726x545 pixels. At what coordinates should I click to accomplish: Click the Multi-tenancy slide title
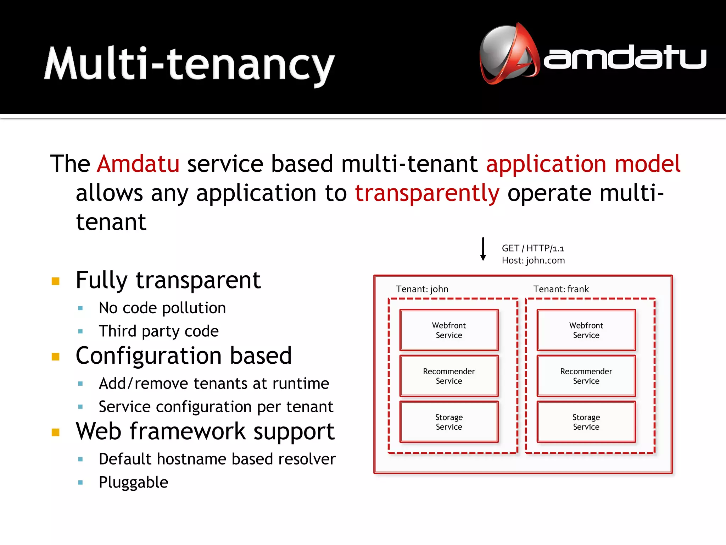pyautogui.click(x=189, y=64)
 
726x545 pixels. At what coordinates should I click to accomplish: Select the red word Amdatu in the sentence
pyautogui.click(x=138, y=164)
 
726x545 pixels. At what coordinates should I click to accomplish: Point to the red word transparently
pyautogui.click(x=427, y=193)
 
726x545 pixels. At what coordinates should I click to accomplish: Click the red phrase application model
pyautogui.click(x=583, y=164)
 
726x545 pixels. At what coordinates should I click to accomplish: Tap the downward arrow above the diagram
pyautogui.click(x=483, y=249)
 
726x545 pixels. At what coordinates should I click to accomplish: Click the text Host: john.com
pyautogui.click(x=533, y=260)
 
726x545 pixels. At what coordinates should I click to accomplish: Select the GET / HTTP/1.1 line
pyautogui.click(x=532, y=248)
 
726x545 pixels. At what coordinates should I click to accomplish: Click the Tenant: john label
pyautogui.click(x=422, y=289)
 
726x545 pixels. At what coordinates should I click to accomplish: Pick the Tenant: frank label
pyautogui.click(x=561, y=289)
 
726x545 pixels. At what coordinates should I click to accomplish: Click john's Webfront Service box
pyautogui.click(x=449, y=330)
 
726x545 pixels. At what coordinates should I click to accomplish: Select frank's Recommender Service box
pyautogui.click(x=586, y=376)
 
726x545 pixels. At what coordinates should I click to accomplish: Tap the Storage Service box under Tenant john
pyautogui.click(x=449, y=422)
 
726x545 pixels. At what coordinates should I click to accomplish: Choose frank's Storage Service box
pyautogui.click(x=586, y=422)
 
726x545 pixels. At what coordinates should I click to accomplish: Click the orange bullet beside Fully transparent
pyautogui.click(x=55, y=281)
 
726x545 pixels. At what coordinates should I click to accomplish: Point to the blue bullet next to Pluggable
pyautogui.click(x=80, y=483)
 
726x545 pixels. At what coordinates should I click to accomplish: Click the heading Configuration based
pyautogui.click(x=184, y=356)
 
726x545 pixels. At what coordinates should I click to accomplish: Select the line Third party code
pyautogui.click(x=158, y=331)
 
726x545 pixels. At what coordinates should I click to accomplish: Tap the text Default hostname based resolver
pyautogui.click(x=217, y=459)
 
